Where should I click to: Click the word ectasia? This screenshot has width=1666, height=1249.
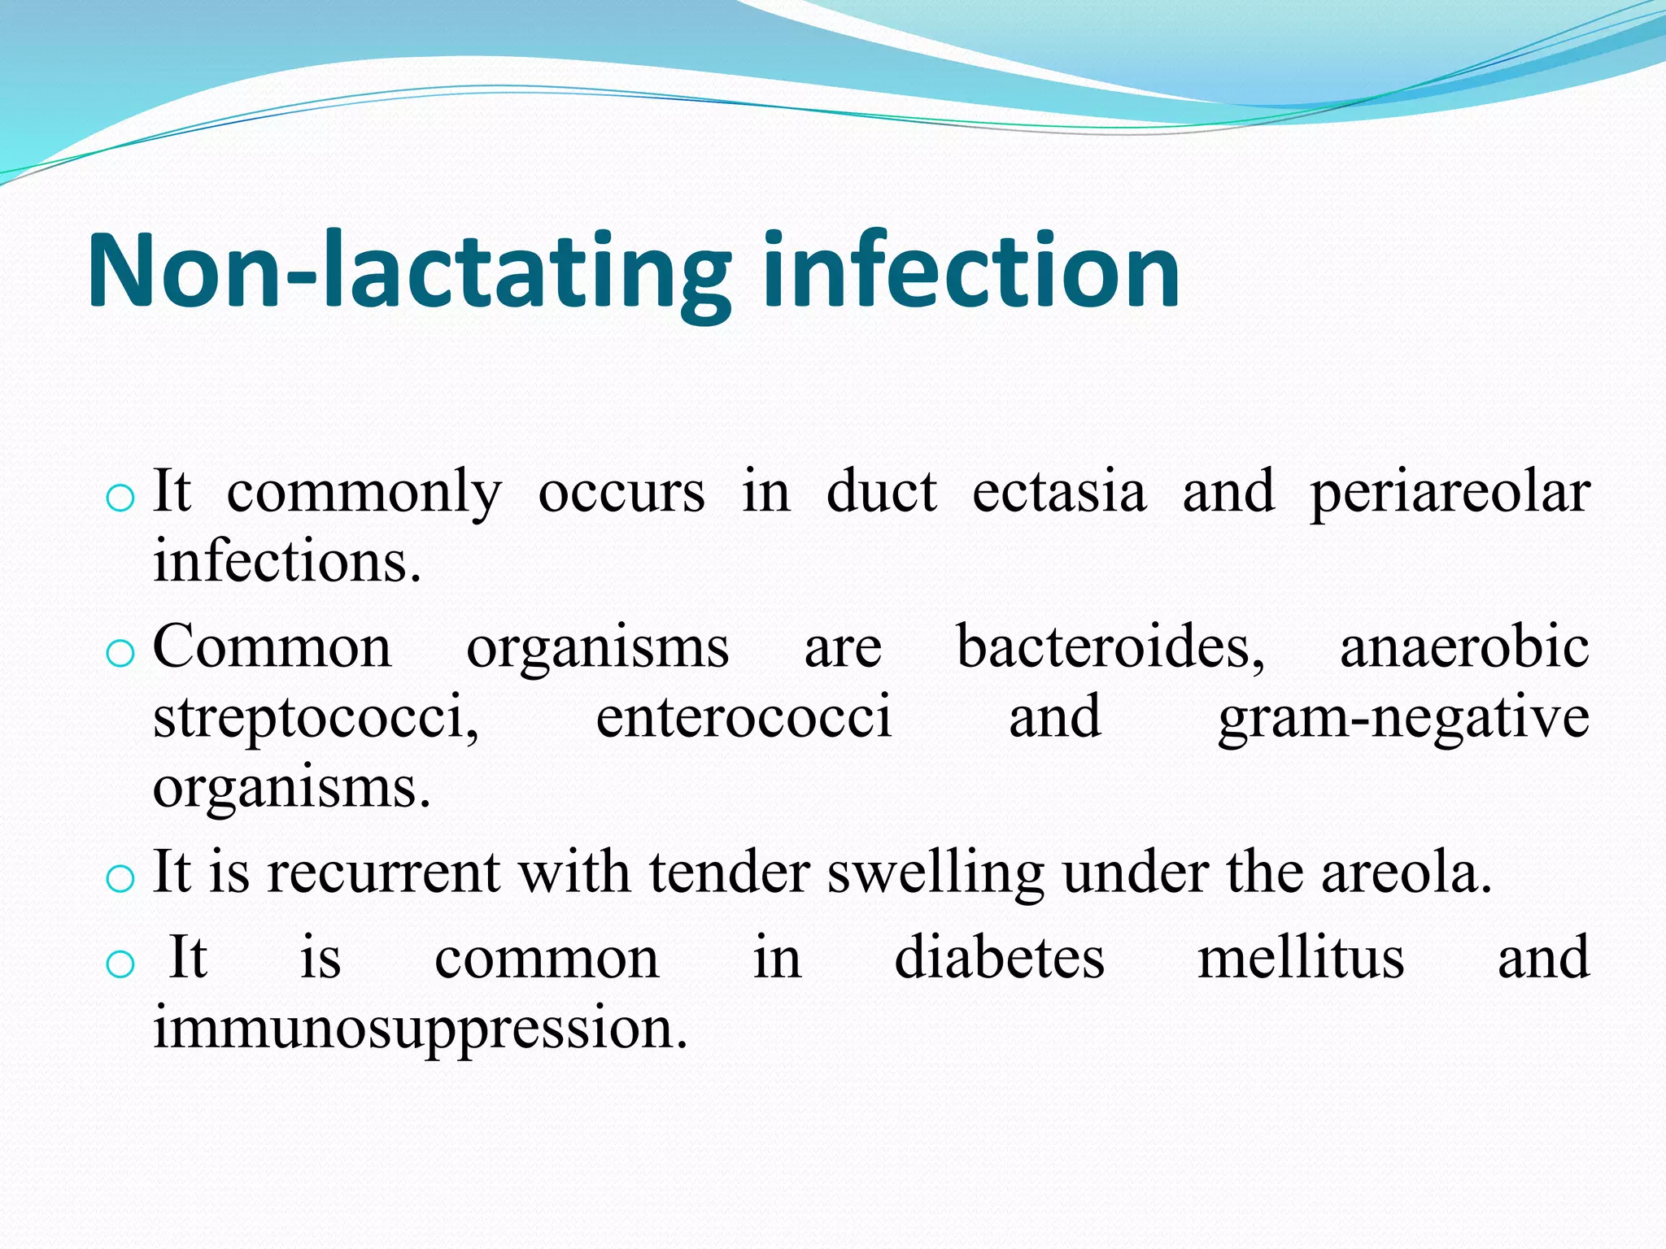point(1059,492)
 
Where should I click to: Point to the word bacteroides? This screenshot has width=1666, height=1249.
point(1110,647)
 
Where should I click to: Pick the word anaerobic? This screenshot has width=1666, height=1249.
point(1464,647)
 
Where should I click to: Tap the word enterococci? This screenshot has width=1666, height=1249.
point(744,716)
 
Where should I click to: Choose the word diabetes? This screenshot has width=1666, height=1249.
point(1000,957)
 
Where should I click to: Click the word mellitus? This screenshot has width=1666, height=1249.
point(1301,957)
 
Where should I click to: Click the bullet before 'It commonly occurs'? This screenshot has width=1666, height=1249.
point(120,498)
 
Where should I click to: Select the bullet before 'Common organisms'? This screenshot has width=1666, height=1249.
point(120,653)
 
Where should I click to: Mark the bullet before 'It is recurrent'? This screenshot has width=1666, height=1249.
point(120,878)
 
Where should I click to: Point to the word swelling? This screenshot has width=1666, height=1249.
point(935,873)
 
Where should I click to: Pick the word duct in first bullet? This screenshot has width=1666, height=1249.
point(881,492)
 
